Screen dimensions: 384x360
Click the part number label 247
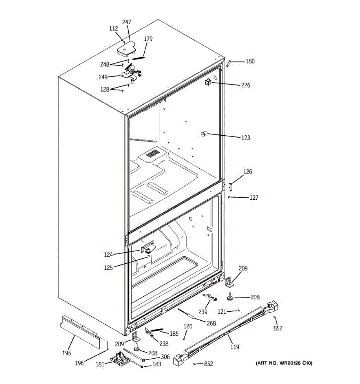126,22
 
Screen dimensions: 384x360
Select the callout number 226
245,85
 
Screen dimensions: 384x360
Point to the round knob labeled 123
203,134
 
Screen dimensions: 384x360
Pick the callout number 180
250,61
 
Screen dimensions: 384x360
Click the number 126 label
247,172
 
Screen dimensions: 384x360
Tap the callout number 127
253,198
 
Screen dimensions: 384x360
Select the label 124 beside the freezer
108,255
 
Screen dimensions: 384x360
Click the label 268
211,324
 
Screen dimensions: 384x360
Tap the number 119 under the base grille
235,347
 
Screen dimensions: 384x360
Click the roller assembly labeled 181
120,358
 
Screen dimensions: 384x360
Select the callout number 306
165,357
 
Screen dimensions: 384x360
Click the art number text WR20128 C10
284,363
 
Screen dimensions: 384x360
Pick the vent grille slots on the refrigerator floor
153,154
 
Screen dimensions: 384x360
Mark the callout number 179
148,39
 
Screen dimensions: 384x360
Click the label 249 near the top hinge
103,77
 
